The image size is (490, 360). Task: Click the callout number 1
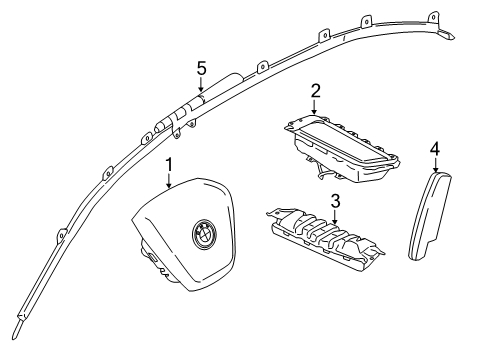coord(169,165)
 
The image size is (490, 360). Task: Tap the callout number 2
coord(315,91)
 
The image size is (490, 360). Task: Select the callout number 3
coord(335,201)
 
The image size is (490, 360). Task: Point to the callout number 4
coord(435,149)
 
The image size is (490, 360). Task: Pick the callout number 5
coord(201,68)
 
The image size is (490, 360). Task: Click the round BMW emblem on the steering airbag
coord(204,233)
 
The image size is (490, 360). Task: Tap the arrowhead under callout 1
coord(169,185)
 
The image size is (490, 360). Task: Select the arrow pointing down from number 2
coord(315,107)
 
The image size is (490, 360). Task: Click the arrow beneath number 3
coord(335,217)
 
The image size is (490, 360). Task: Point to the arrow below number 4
coord(436,165)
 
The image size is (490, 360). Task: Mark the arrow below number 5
coord(201,84)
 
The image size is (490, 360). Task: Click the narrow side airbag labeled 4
coord(430,215)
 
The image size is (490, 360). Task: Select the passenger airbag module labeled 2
coord(343,148)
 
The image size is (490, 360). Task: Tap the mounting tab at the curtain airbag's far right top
coord(433,17)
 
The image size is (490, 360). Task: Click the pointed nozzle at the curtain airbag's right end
coord(446,34)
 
